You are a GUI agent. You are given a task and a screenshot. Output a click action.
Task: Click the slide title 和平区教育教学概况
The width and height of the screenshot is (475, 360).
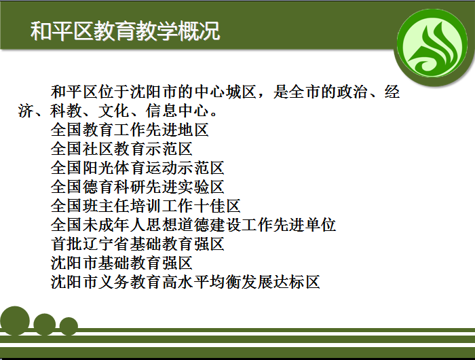coord(125,31)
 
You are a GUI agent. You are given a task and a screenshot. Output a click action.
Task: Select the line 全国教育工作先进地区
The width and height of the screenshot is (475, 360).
coord(130,130)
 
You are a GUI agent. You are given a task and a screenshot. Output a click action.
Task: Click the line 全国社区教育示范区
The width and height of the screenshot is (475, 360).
coord(121,149)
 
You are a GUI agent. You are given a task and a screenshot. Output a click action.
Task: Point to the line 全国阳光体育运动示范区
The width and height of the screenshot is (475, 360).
coord(138,168)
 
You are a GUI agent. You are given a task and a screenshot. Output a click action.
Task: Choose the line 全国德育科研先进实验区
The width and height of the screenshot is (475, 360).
coord(138,187)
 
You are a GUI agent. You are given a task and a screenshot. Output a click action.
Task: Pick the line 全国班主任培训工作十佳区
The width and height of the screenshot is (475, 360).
coord(146,206)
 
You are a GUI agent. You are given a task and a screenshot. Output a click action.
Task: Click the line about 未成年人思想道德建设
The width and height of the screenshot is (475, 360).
coord(193,225)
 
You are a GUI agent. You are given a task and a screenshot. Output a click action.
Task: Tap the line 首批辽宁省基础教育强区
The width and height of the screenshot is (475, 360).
coord(138,244)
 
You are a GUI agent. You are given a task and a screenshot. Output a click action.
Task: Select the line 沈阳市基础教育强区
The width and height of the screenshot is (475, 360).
coord(121,263)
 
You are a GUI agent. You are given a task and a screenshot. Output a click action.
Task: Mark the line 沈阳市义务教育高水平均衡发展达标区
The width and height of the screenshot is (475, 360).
coord(185,282)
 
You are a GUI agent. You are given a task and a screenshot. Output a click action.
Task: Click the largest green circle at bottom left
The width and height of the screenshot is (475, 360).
coord(15,321)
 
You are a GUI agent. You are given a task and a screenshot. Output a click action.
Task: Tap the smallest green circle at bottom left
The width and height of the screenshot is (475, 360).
coord(69,326)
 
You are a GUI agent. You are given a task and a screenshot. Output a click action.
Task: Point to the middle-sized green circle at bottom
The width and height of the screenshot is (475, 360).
coord(45,325)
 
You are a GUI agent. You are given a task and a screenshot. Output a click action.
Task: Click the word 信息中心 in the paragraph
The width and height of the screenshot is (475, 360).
coord(177,111)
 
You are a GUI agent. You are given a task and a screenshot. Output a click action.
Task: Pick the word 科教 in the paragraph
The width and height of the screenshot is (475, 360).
coord(66,111)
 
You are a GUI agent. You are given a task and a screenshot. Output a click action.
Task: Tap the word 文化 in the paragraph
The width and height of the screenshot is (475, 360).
coord(114,111)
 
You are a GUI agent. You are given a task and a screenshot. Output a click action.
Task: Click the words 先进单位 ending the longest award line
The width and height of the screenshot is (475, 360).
coord(305,225)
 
